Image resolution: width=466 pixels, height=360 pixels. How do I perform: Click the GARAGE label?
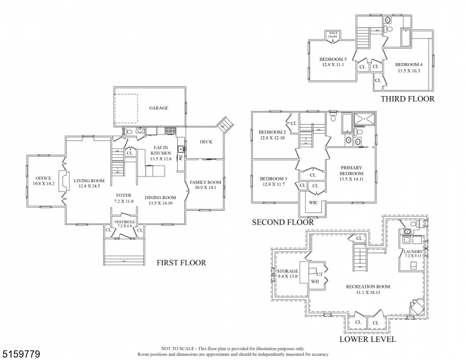[x=159, y=108]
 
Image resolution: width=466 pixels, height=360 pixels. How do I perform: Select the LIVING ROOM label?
[x=89, y=181]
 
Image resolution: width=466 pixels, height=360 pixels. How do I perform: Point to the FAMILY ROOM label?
[x=205, y=182]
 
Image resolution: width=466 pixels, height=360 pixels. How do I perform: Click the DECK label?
[x=199, y=142]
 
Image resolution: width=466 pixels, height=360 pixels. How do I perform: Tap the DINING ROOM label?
[x=160, y=197]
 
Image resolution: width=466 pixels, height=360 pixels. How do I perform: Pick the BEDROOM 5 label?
[x=333, y=59]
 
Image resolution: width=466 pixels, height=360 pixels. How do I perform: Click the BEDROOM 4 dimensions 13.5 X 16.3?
[x=408, y=71]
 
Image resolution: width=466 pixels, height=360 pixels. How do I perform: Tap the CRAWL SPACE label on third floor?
[x=333, y=35]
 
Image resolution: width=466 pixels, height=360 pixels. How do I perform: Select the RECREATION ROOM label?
[x=368, y=287]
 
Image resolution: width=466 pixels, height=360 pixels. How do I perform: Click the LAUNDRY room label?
[x=413, y=251]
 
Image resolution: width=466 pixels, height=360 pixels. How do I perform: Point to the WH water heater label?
[x=315, y=281]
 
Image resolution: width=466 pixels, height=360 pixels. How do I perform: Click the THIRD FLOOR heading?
[x=407, y=99]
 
